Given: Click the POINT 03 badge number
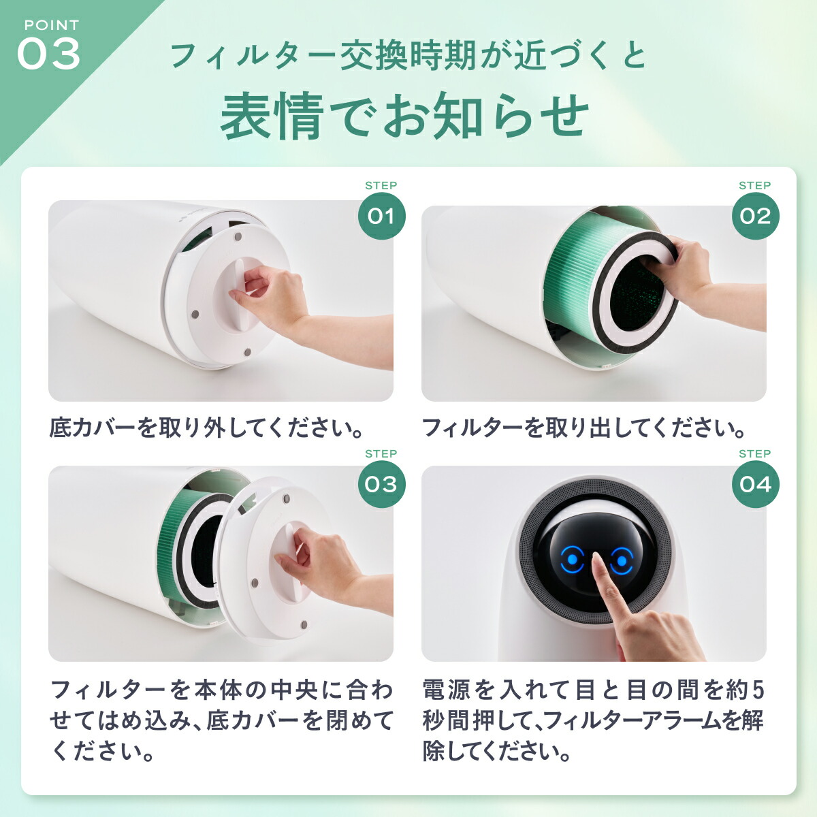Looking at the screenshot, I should coord(48,54).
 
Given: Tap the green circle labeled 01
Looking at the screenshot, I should coord(381,217).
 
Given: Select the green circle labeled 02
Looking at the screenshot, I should coord(755,217).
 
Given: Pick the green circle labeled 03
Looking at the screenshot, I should coord(381,485).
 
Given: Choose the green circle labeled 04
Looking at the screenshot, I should coord(755,485).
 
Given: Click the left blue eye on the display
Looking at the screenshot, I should coord(573,560).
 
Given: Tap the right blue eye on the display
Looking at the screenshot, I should coord(622,560).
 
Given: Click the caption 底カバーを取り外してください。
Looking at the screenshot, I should coord(206,428).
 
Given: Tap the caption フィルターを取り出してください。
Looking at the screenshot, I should coord(584,428).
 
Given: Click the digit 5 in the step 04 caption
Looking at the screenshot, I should coord(757,690).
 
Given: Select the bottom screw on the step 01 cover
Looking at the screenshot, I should coord(247,352).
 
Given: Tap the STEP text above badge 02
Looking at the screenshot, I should coord(754,186).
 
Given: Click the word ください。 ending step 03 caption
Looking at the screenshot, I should coord(102,752).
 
